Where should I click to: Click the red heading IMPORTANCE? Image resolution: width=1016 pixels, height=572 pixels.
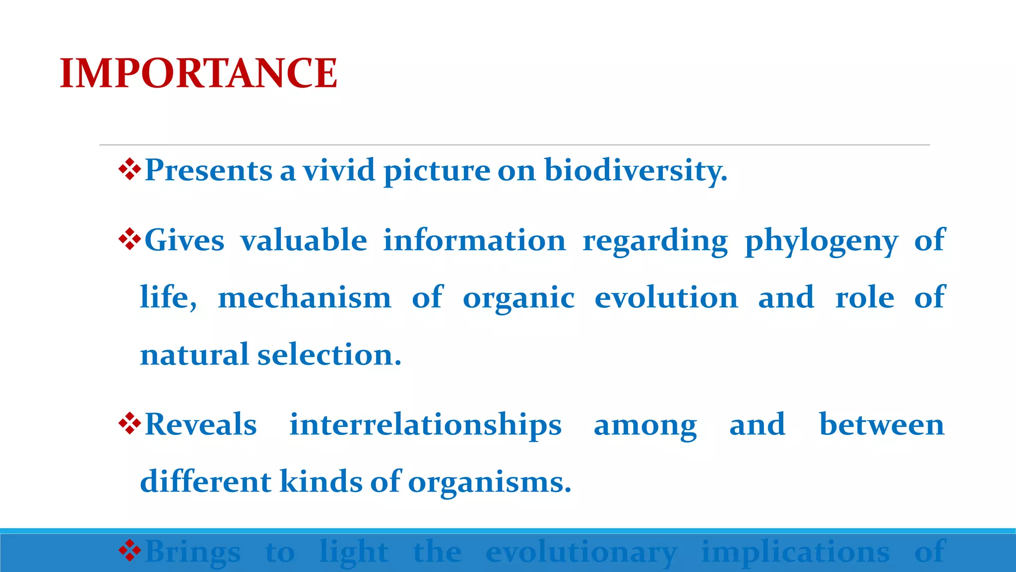click(198, 73)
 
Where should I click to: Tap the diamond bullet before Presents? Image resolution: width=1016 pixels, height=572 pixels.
click(130, 169)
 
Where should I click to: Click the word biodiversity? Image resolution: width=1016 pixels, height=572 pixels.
click(635, 171)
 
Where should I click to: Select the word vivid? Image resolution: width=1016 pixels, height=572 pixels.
click(339, 170)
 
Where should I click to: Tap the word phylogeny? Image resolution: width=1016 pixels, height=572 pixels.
click(821, 242)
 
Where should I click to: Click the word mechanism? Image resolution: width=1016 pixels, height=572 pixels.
click(305, 298)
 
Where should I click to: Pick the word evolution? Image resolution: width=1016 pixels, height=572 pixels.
click(666, 298)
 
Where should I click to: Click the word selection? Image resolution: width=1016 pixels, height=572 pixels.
click(329, 355)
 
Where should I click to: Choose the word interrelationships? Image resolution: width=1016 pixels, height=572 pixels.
click(425, 426)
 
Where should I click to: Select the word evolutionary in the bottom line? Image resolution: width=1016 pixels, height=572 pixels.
click(581, 553)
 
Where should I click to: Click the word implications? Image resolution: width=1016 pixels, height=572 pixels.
click(795, 553)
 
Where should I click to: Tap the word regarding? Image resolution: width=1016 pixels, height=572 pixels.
click(655, 242)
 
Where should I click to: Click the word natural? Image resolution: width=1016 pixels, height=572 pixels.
click(194, 355)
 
